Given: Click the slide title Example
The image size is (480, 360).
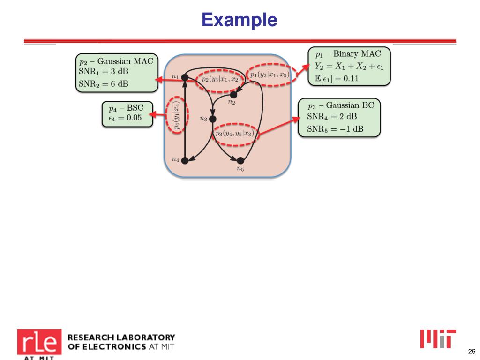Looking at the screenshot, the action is [240, 20].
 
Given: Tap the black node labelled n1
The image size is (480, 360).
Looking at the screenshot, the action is [185, 77].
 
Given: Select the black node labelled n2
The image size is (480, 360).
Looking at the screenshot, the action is [233, 95].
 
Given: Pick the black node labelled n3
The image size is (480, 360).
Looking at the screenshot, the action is [212, 119].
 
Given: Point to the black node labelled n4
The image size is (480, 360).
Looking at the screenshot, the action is [185, 160].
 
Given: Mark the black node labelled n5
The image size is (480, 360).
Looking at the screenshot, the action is [240, 160].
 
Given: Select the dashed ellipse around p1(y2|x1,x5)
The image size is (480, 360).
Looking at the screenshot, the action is [270, 74].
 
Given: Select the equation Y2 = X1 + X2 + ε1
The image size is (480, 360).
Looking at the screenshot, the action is [349, 66].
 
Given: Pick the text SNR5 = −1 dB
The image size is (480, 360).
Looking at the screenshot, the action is [335, 129].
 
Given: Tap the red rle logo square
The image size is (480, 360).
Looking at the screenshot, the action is [39, 342].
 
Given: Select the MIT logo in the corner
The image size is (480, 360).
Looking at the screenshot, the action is [438, 339].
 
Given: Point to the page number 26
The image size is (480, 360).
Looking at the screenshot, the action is [472, 351].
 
